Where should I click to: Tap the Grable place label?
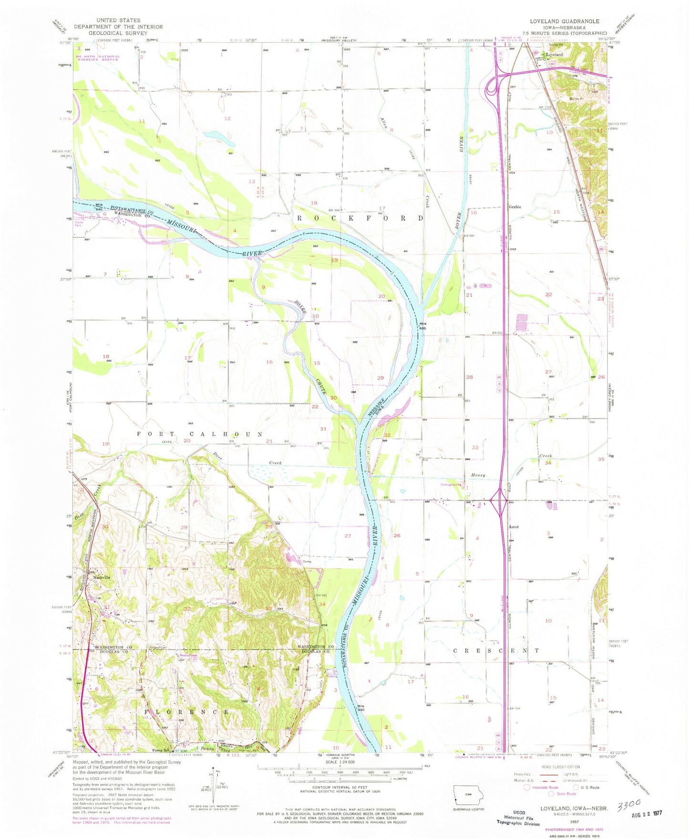tap(514, 207)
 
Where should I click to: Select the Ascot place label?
tap(513, 527)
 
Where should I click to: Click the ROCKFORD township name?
tap(360, 218)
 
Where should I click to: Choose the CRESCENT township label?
tap(496, 650)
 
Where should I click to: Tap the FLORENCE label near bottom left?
tap(187, 712)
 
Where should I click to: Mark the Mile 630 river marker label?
tap(361, 708)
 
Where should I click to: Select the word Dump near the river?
tap(307, 561)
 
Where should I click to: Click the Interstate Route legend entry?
tap(539, 787)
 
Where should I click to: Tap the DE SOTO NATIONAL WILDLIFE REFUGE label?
tap(98, 58)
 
